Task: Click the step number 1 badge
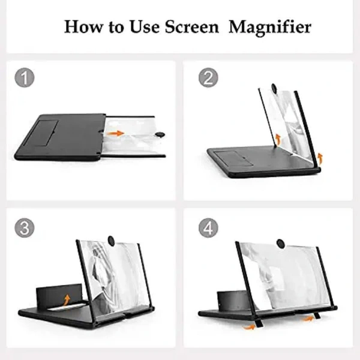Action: click(24, 78)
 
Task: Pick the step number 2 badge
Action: click(208, 78)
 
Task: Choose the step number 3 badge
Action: click(24, 229)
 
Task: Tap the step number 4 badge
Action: click(208, 229)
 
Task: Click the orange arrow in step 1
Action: click(117, 133)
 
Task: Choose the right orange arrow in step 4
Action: click(309, 318)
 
